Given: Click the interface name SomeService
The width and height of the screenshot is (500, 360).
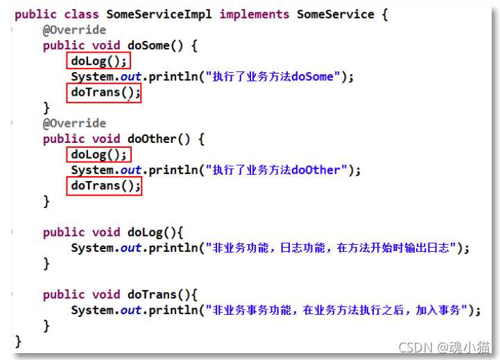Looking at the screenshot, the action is click(x=335, y=14).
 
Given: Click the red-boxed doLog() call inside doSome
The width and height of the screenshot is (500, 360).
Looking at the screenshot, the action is click(x=99, y=61).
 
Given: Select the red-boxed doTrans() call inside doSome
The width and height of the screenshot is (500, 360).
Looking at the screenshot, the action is click(x=104, y=92).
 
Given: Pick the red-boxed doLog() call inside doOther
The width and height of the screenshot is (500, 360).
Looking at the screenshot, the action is click(x=99, y=155).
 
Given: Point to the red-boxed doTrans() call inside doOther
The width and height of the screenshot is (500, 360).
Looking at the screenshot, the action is click(x=104, y=186).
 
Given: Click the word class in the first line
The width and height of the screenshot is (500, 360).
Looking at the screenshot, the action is click(x=81, y=14).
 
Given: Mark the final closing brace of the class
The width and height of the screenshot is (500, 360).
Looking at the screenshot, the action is click(x=18, y=341).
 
